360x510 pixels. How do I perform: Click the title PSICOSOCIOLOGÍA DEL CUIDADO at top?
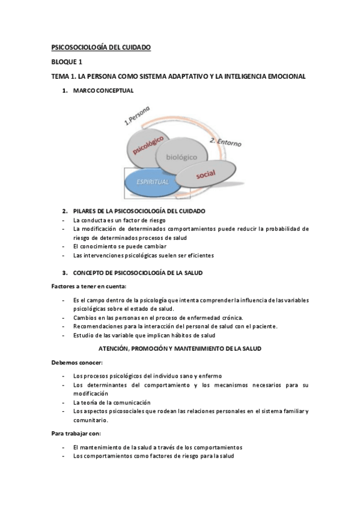pyautogui.click(x=100, y=46)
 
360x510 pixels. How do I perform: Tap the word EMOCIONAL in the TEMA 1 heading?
pyautogui.click(x=285, y=76)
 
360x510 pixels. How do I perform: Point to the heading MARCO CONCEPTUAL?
pyautogui.click(x=103, y=91)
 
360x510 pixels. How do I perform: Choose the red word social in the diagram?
pyautogui.click(x=205, y=174)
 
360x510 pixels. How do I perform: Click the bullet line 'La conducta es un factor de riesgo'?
pyautogui.click(x=120, y=220)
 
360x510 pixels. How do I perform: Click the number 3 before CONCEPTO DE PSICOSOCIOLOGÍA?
pyautogui.click(x=64, y=273)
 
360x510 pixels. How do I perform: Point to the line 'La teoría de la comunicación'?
pyautogui.click(x=112, y=402)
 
